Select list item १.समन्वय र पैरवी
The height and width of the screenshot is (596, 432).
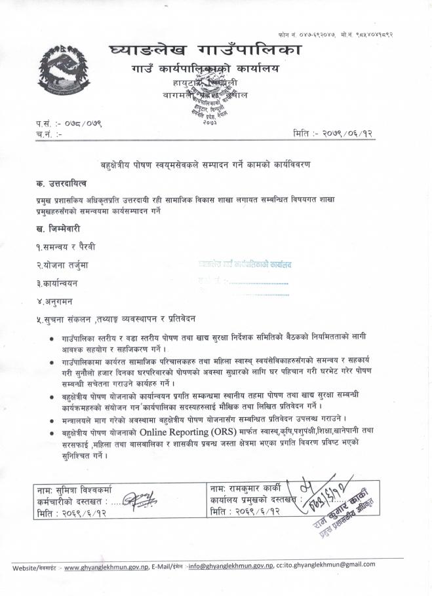70,246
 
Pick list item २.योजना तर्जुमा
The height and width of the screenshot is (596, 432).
68,265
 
